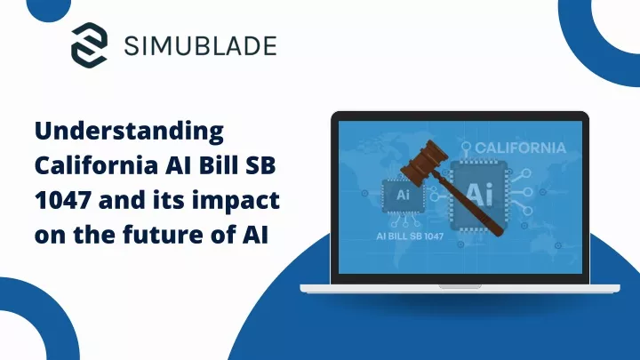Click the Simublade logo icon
tap(90, 45)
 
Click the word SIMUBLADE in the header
tap(200, 45)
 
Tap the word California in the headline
tap(97, 165)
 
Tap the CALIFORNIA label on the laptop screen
tap(520, 148)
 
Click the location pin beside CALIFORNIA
tap(466, 148)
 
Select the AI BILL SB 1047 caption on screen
tap(410, 236)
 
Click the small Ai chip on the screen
tap(403, 196)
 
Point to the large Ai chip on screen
tap(479, 195)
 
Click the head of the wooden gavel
tap(425, 162)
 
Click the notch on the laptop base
tap(460, 286)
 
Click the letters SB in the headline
tap(263, 165)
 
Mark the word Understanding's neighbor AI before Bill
tap(179, 165)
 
